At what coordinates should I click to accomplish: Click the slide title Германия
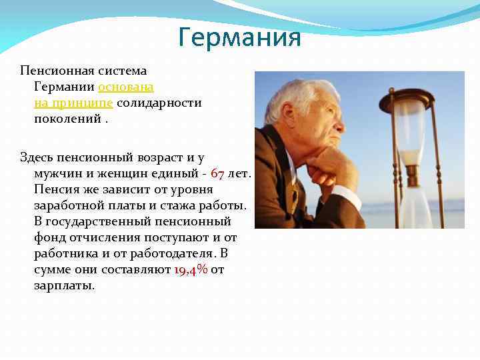tap(240, 37)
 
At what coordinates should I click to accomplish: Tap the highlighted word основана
tap(126, 87)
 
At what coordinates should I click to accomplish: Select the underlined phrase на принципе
tap(74, 103)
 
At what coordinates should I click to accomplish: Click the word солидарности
tap(159, 103)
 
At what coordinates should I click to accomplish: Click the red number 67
tap(217, 173)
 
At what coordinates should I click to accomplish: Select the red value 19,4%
tap(190, 269)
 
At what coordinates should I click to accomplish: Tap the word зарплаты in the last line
tap(64, 285)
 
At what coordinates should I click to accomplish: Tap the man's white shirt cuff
tap(346, 197)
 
